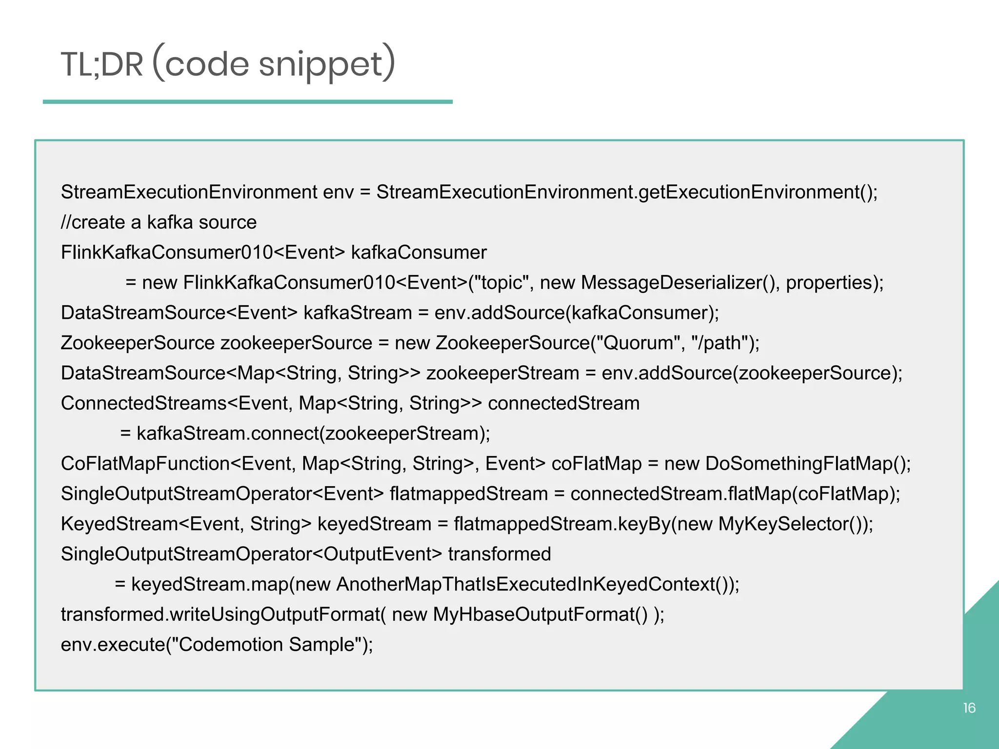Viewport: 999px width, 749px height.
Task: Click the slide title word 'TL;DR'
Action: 102,65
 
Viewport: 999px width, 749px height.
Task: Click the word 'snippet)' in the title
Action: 327,65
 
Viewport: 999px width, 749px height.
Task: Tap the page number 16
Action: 969,708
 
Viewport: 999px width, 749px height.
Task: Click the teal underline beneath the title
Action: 248,102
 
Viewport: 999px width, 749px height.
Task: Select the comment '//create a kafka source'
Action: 159,222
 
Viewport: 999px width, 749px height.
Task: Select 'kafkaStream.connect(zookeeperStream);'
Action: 313,434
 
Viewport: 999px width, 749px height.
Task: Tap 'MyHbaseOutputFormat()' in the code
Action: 540,614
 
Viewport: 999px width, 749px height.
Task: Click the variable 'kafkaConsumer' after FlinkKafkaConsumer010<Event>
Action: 419,253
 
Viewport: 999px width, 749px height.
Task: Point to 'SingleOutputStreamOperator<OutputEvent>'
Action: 251,554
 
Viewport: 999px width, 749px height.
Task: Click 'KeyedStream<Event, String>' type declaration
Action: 186,524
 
